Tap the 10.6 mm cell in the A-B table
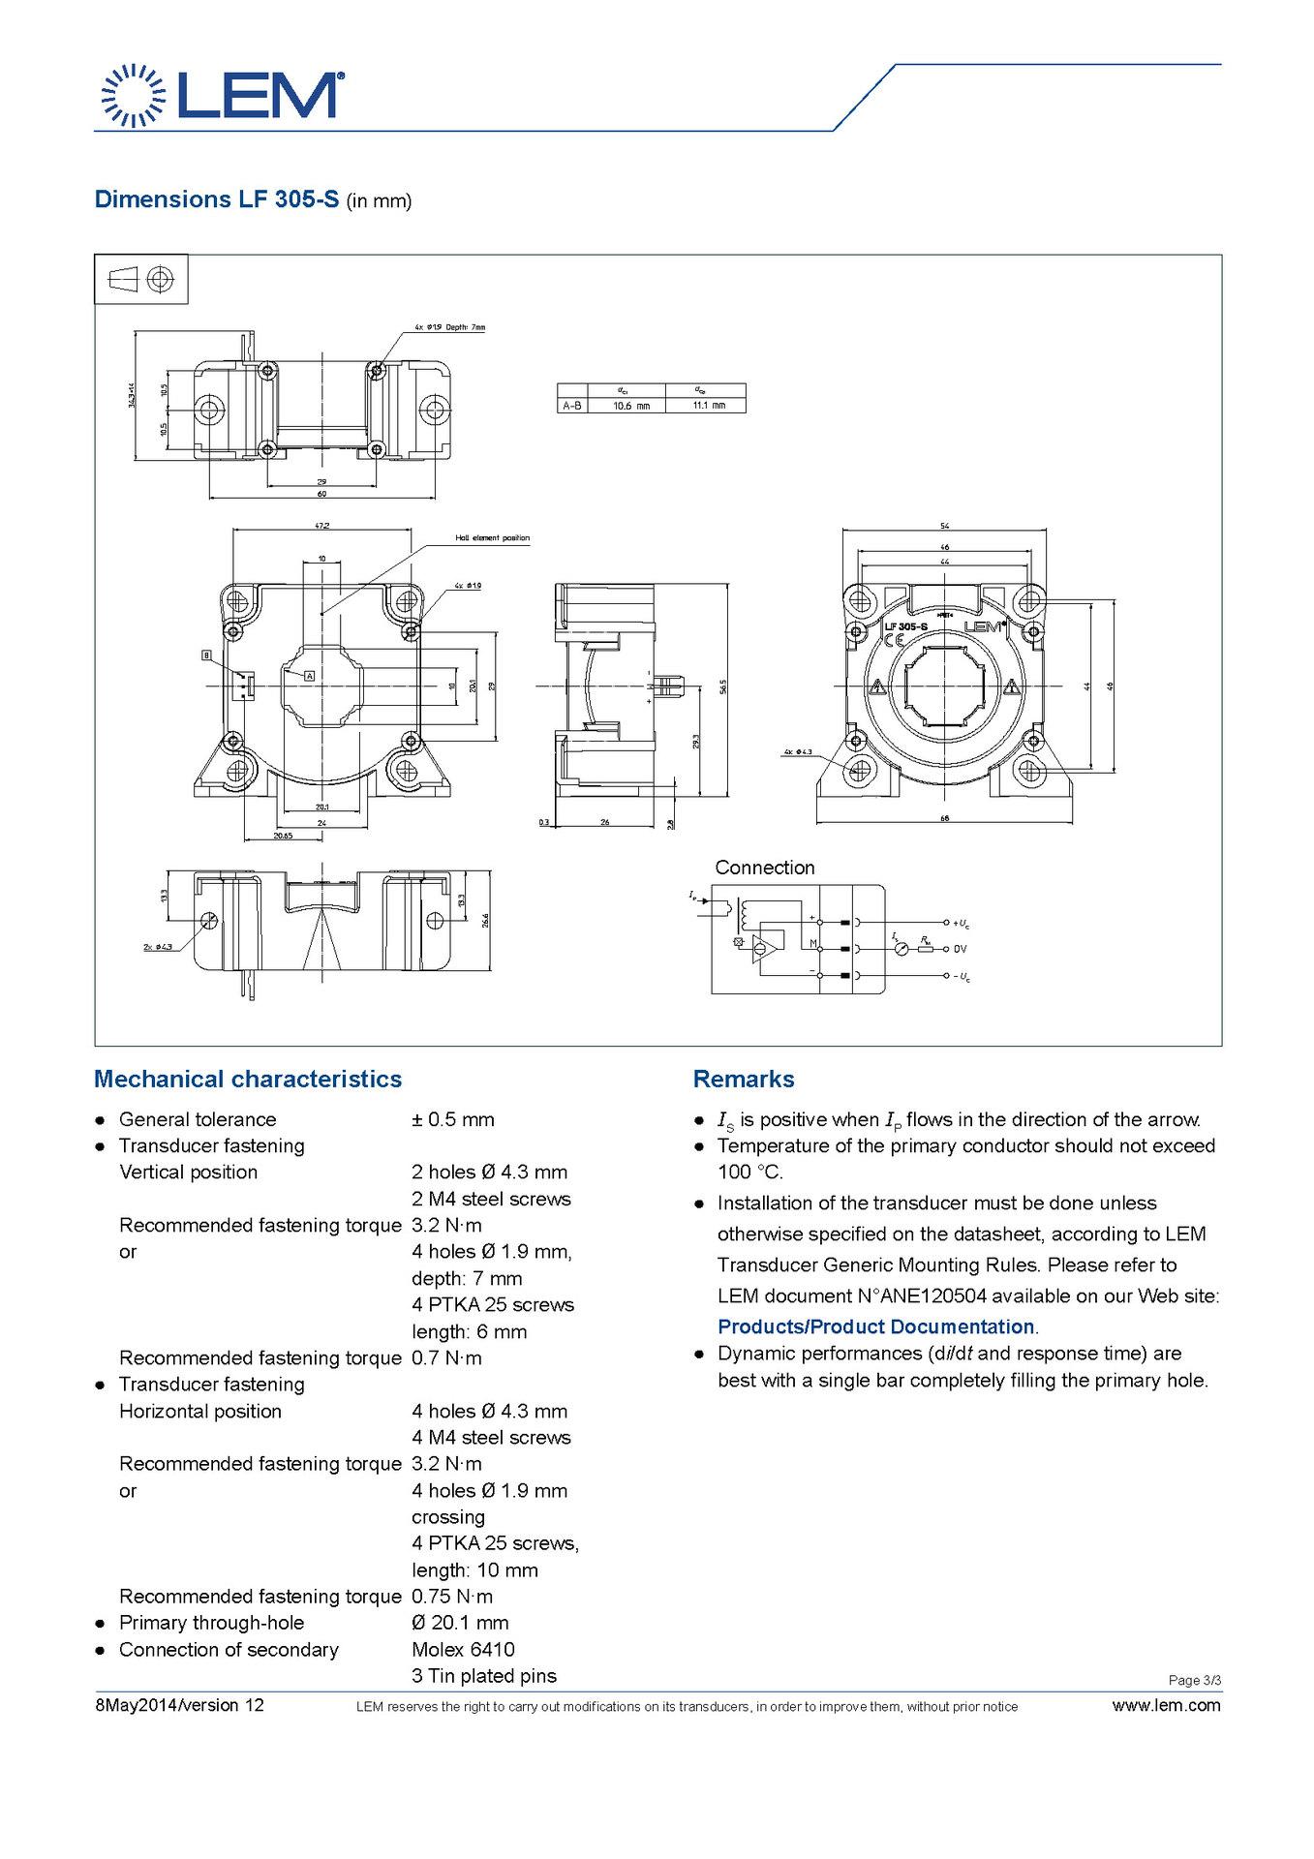point(631,406)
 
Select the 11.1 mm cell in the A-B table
point(709,406)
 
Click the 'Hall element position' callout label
point(492,537)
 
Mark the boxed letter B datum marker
point(206,655)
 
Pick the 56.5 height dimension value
point(724,686)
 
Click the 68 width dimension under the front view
point(945,818)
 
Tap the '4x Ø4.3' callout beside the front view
point(799,751)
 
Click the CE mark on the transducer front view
point(895,640)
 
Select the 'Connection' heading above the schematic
point(764,868)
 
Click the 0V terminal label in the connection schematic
point(961,949)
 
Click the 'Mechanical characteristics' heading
point(247,1079)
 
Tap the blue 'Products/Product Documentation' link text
point(875,1326)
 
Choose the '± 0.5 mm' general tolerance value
point(452,1119)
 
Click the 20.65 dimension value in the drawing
point(283,834)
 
